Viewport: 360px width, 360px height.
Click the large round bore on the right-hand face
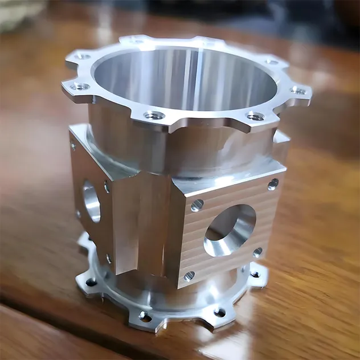click(x=230, y=229)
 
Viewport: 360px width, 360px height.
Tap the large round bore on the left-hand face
click(x=91, y=201)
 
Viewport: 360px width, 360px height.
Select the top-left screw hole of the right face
click(x=197, y=205)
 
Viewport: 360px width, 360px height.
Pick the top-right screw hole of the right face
click(x=273, y=183)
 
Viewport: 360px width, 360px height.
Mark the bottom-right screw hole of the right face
click(x=257, y=252)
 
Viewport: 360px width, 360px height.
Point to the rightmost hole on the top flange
click(x=298, y=90)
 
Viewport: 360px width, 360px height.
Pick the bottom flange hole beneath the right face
click(x=219, y=312)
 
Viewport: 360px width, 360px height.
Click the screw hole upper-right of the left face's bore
click(x=107, y=186)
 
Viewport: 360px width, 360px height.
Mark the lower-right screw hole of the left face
click(x=108, y=259)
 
